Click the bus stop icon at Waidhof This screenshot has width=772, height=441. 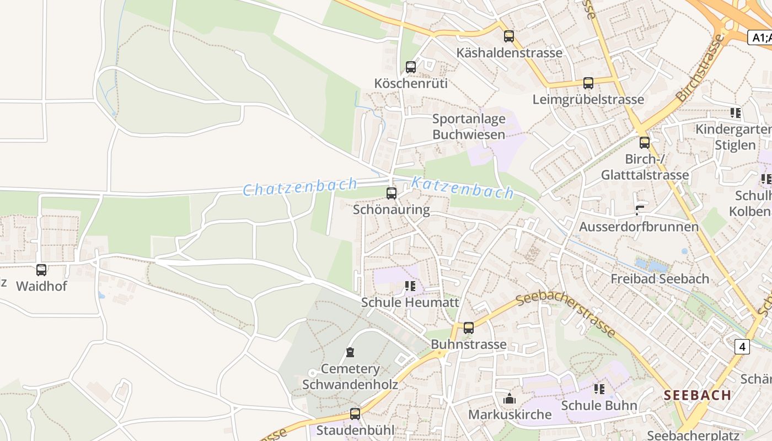(x=41, y=270)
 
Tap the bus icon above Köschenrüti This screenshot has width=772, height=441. (x=411, y=67)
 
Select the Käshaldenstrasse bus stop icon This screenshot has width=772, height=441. (x=509, y=36)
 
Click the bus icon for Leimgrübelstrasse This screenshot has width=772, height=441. (x=588, y=83)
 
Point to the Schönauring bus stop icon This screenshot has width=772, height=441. (x=392, y=193)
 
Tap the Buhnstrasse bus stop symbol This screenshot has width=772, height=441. (x=469, y=328)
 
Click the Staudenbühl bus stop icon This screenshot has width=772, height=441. (x=355, y=413)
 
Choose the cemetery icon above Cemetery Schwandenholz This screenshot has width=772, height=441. (x=350, y=352)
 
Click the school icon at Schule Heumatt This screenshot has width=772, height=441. (x=410, y=286)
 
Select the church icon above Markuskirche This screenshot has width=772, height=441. (x=510, y=398)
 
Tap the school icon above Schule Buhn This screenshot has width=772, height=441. (x=599, y=389)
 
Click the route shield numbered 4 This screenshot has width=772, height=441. (x=743, y=346)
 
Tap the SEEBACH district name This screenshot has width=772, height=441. (x=698, y=395)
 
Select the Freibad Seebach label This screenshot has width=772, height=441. (x=660, y=279)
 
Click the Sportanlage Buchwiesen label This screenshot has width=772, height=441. (x=469, y=127)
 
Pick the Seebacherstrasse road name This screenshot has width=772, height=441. (x=566, y=315)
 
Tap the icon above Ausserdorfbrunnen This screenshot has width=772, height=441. (x=639, y=210)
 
